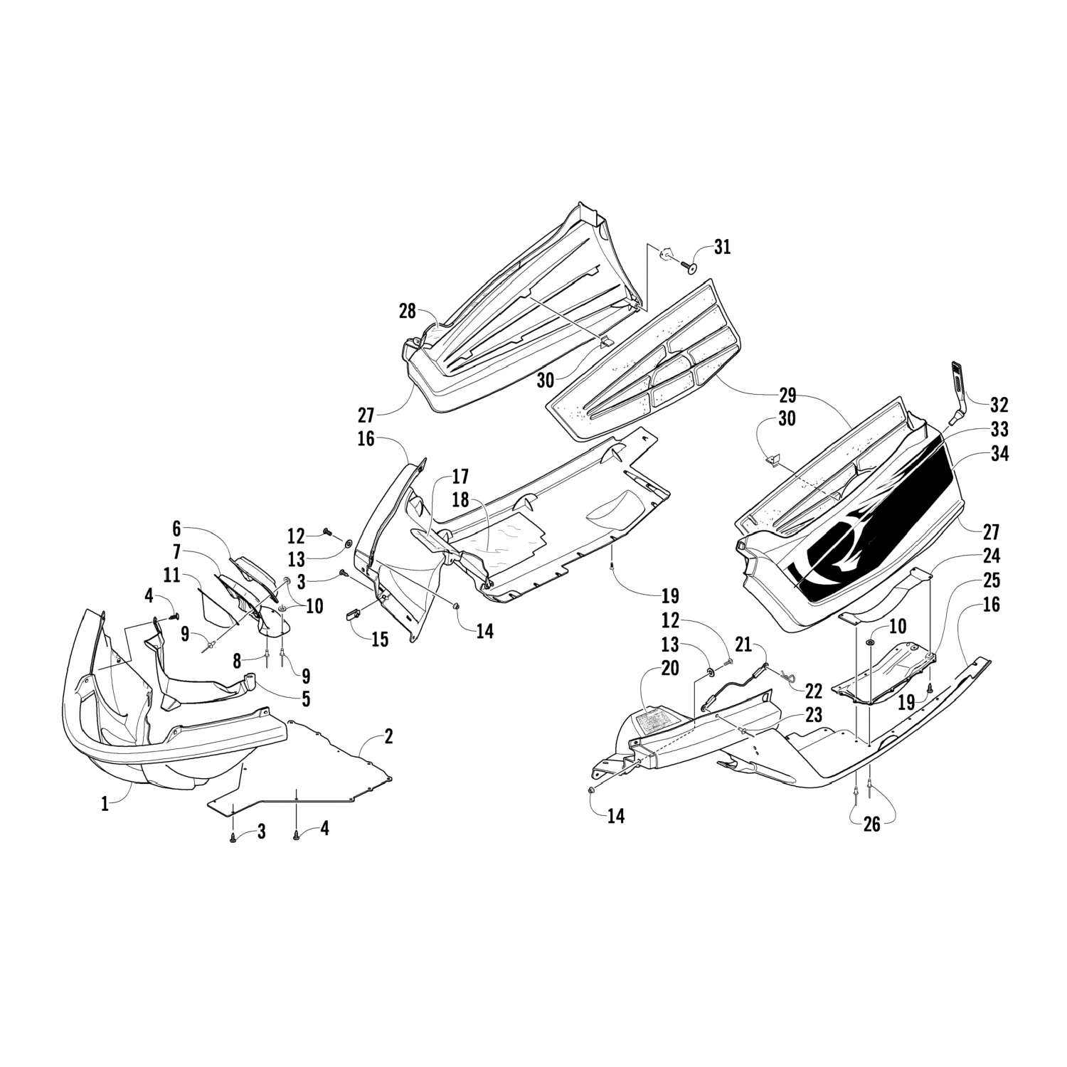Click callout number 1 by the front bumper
point(105,805)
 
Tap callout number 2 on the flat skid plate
point(388,736)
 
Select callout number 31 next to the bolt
point(722,248)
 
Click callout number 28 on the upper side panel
point(407,311)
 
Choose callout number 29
point(787,395)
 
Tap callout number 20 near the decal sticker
point(669,669)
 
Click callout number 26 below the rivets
point(871,824)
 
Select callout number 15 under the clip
point(380,639)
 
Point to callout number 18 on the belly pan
point(460,499)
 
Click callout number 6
point(176,529)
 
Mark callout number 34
point(999,453)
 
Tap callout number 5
point(305,699)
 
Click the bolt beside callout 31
point(690,265)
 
